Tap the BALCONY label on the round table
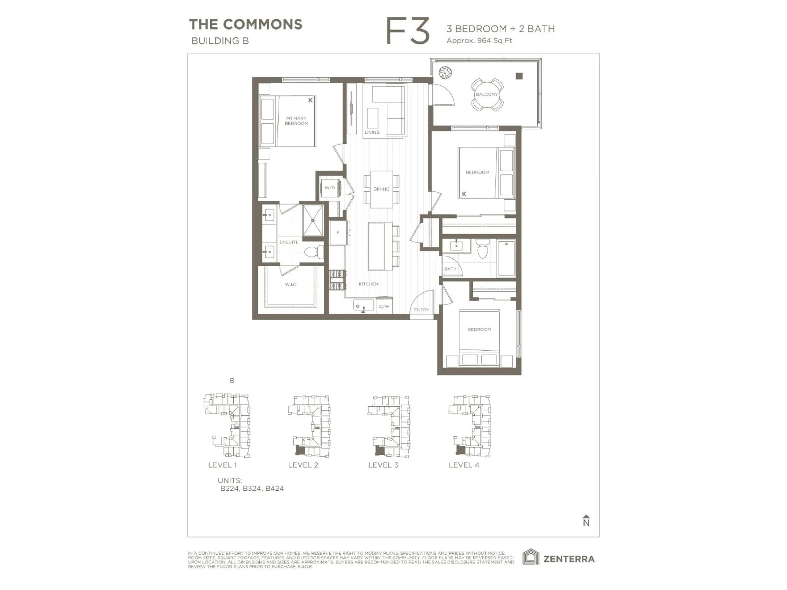click(487, 94)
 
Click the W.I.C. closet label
click(291, 285)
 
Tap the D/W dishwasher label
click(384, 306)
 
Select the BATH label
click(450, 269)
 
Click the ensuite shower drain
click(313, 220)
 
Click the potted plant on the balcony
click(445, 73)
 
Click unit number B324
click(252, 488)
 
